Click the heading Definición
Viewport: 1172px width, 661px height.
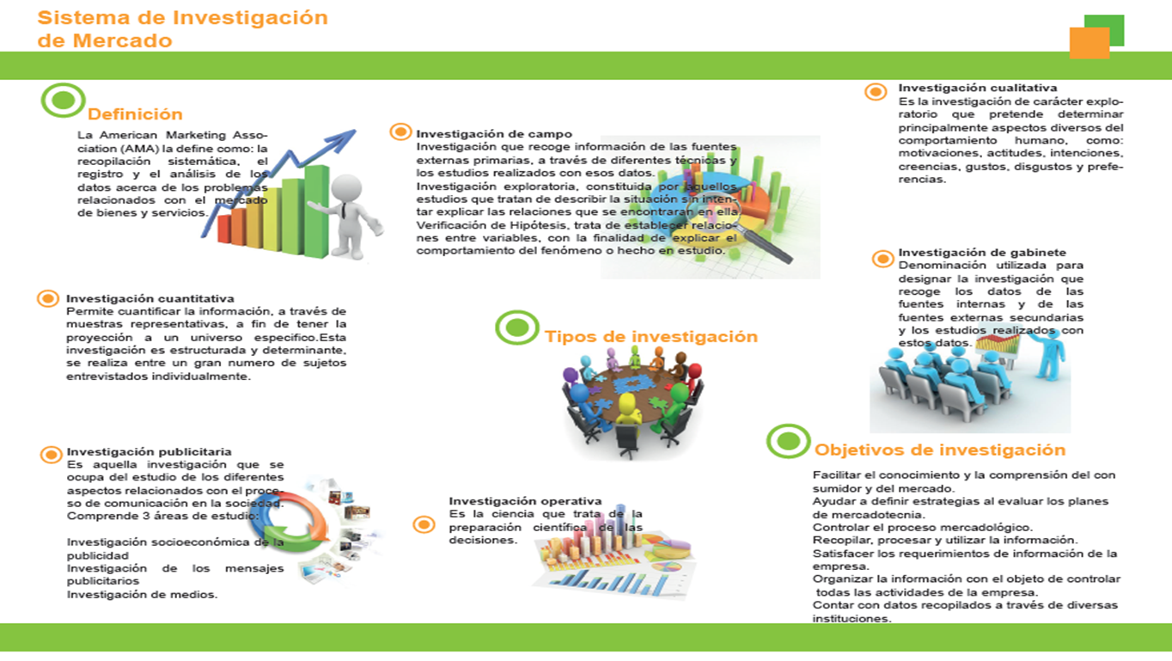[x=135, y=114]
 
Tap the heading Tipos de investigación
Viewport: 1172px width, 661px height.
[x=651, y=337]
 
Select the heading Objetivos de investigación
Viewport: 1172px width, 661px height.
[x=940, y=450]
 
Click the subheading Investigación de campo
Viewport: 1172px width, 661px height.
[x=494, y=134]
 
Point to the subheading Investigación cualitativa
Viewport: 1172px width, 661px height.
[x=977, y=88]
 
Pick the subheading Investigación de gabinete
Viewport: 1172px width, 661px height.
[x=981, y=252]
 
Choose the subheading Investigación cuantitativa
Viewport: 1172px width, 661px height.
[x=150, y=298]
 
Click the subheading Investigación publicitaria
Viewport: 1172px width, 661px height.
[x=149, y=451]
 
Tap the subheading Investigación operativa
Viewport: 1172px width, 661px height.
[x=525, y=501]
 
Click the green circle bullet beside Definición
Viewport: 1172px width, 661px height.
[x=63, y=100]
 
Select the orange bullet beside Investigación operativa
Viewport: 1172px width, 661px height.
[x=424, y=524]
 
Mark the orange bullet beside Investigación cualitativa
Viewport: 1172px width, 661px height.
[x=876, y=92]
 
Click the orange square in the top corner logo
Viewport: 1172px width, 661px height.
[x=1090, y=42]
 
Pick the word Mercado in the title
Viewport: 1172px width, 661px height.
[x=122, y=40]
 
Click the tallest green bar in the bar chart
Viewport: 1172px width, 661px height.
[x=316, y=211]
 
